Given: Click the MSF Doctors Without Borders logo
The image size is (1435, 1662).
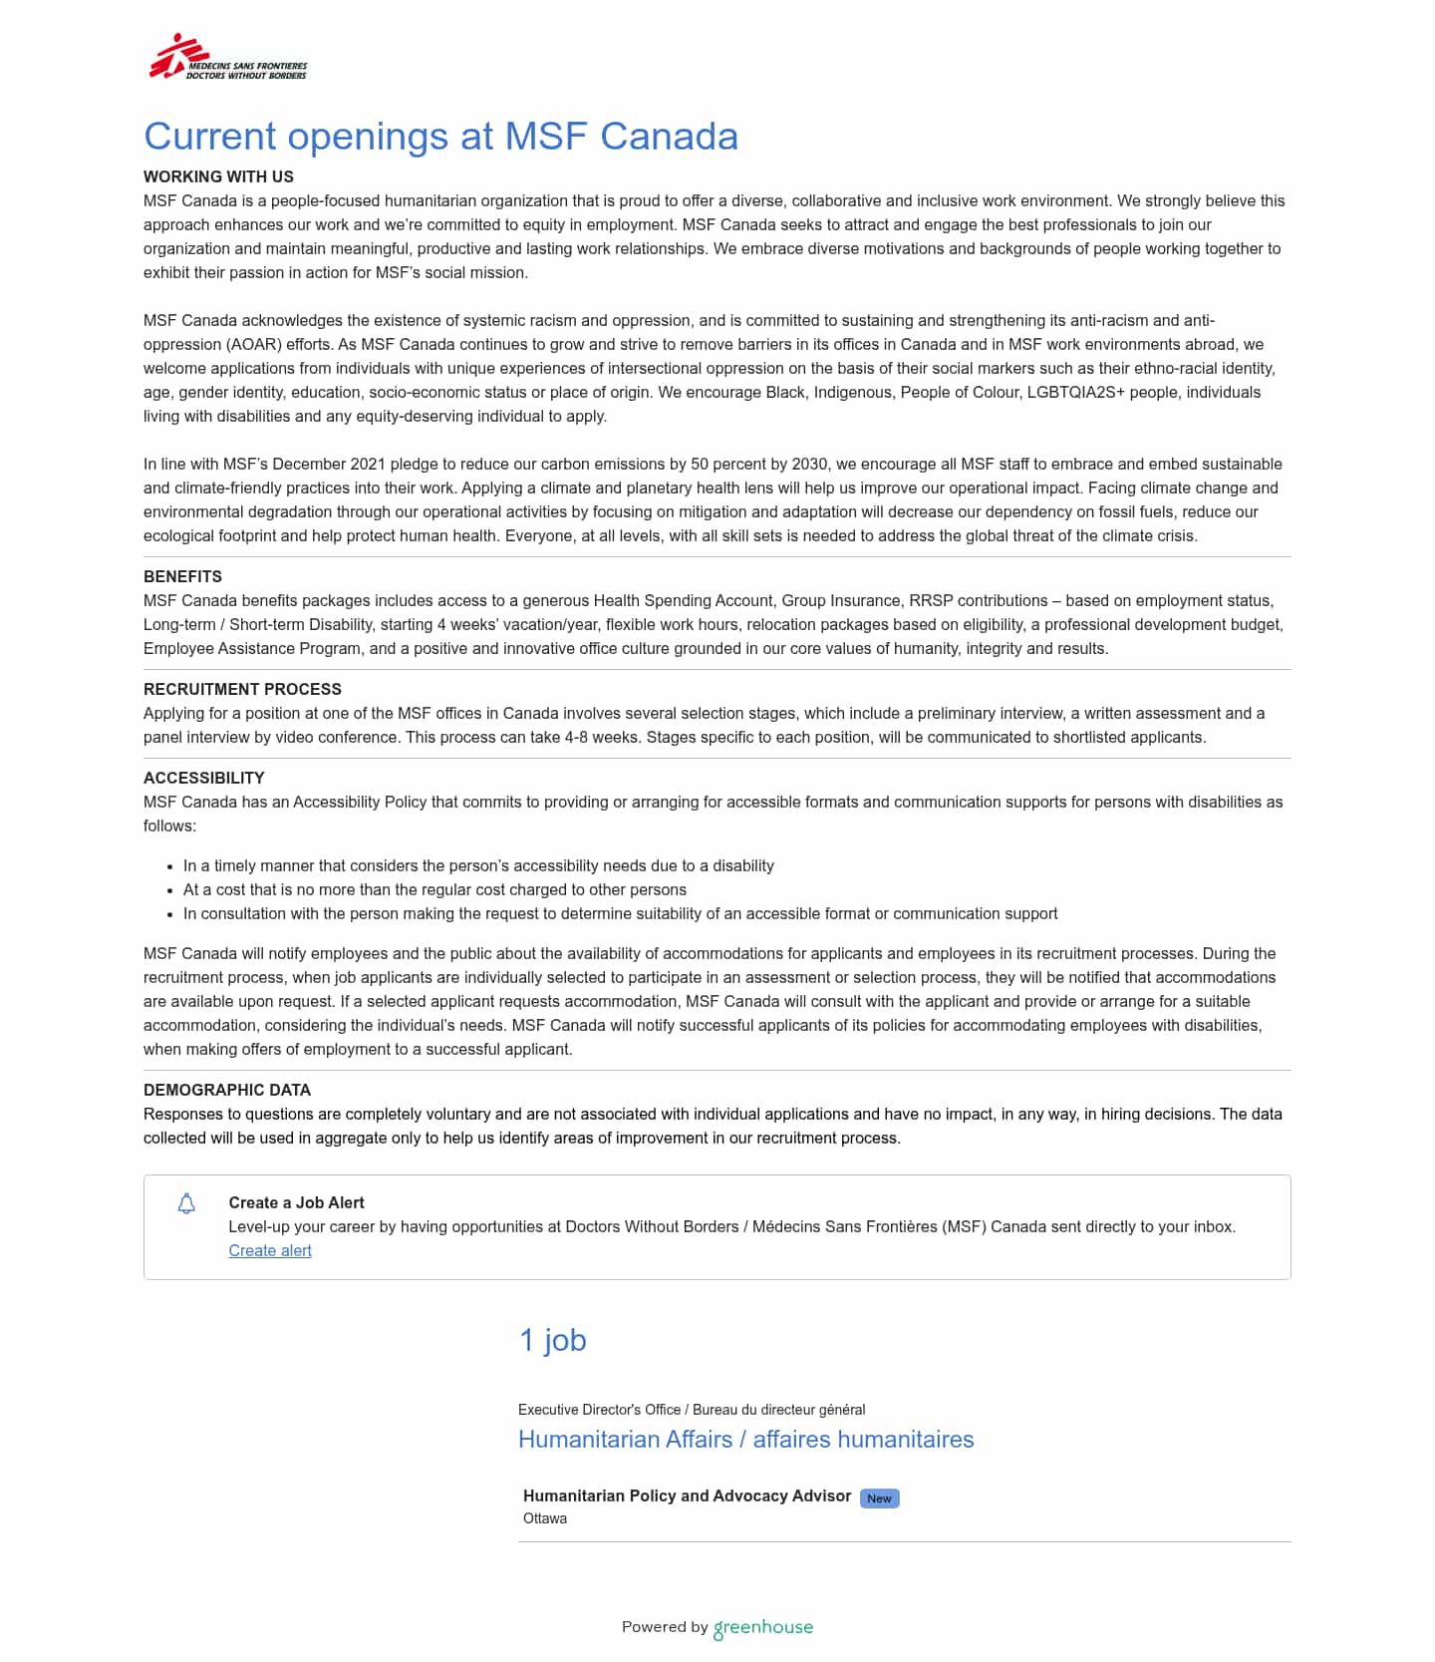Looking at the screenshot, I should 228,58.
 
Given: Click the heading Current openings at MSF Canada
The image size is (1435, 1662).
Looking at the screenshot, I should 440,137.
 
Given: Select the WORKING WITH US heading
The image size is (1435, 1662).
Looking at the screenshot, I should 218,176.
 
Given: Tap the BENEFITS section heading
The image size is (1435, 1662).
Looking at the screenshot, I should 182,576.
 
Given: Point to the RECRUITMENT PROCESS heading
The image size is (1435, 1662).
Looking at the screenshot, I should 242,689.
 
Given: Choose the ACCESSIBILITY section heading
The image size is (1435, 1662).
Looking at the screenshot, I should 203,778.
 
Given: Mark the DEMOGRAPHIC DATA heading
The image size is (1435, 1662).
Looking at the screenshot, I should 227,1090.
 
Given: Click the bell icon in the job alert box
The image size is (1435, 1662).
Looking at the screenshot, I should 186,1203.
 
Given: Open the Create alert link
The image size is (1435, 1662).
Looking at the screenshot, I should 270,1250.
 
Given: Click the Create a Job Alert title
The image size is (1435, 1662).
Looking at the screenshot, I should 296,1202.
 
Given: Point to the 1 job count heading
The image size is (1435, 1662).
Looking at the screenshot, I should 552,1340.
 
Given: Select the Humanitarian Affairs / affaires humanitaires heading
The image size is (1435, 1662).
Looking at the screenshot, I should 745,1439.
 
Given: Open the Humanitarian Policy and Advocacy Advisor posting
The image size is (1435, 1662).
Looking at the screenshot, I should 687,1496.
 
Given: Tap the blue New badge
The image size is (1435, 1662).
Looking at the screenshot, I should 879,1497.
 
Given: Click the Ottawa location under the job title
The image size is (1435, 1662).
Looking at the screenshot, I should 545,1518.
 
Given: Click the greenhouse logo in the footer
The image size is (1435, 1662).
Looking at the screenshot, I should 763,1627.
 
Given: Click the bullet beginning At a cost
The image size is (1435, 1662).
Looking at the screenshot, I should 434,889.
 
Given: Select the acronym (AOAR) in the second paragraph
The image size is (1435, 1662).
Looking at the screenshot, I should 254,344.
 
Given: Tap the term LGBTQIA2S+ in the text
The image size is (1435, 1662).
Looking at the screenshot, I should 1075,392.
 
